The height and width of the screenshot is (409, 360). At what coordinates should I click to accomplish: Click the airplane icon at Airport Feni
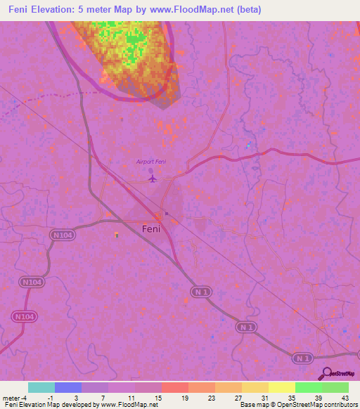152,178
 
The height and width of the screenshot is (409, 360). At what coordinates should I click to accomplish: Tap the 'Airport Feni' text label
151,162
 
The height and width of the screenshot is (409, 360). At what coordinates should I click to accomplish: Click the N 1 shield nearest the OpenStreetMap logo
302,358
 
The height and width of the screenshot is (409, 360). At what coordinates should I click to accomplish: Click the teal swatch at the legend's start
41,387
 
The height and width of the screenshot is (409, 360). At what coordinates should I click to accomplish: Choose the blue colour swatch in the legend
68,387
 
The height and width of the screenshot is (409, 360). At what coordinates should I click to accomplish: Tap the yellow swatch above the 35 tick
282,387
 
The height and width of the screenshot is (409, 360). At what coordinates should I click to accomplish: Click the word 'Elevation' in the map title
60,9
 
